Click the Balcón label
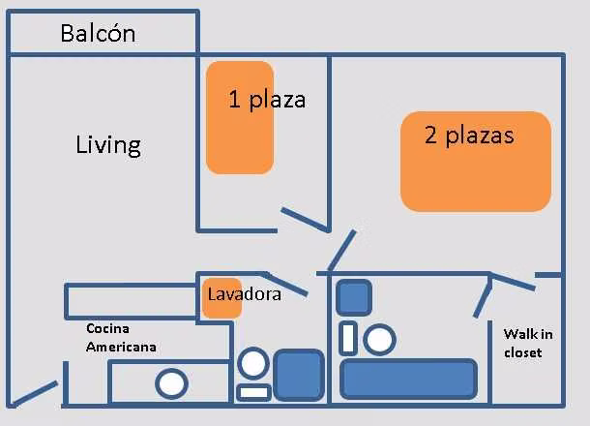[98, 33]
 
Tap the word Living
[108, 145]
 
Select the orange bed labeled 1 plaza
[240, 117]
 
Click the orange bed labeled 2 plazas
[476, 162]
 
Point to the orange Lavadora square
[222, 298]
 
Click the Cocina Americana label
[121, 338]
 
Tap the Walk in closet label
[528, 343]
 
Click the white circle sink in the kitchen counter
[171, 383]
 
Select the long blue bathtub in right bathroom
[408, 379]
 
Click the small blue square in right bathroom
[354, 297]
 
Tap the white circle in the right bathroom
[379, 340]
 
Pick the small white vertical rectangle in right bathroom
[348, 338]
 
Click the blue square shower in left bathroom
[299, 375]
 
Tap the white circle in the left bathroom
[253, 363]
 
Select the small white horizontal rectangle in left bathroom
[254, 392]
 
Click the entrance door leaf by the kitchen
[33, 394]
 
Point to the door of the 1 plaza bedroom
[306, 219]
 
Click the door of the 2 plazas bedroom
[341, 250]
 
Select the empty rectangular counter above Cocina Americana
[131, 301]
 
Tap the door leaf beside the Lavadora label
[285, 284]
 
